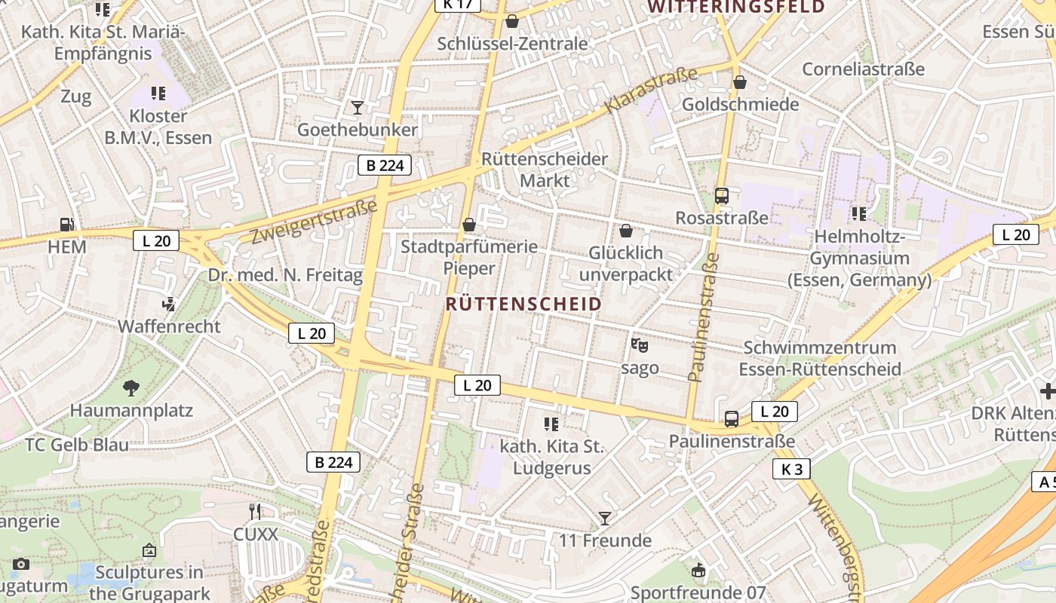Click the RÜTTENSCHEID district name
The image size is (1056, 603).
tap(523, 304)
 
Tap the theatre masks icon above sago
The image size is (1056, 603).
tap(639, 345)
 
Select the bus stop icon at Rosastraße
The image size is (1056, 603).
tap(722, 196)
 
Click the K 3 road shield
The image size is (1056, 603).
tap(791, 470)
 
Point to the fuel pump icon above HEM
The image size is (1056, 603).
tap(67, 225)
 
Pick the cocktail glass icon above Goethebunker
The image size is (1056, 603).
tap(358, 108)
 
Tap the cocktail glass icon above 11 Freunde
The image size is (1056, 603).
tap(604, 519)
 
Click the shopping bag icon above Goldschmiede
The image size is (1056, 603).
tap(740, 82)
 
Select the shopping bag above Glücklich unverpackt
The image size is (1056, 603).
tap(625, 231)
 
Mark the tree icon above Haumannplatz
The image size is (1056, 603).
tap(131, 388)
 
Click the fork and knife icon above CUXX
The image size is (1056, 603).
tap(255, 512)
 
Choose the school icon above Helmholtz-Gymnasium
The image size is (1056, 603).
tap(858, 215)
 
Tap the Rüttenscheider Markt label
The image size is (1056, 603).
tap(545, 170)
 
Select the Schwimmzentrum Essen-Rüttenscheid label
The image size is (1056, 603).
tap(820, 358)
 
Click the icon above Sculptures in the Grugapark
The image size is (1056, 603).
tap(149, 551)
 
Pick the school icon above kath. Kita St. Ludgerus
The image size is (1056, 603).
tap(551, 424)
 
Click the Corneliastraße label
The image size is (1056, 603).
tap(863, 69)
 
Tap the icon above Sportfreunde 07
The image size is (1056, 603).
tap(698, 571)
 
